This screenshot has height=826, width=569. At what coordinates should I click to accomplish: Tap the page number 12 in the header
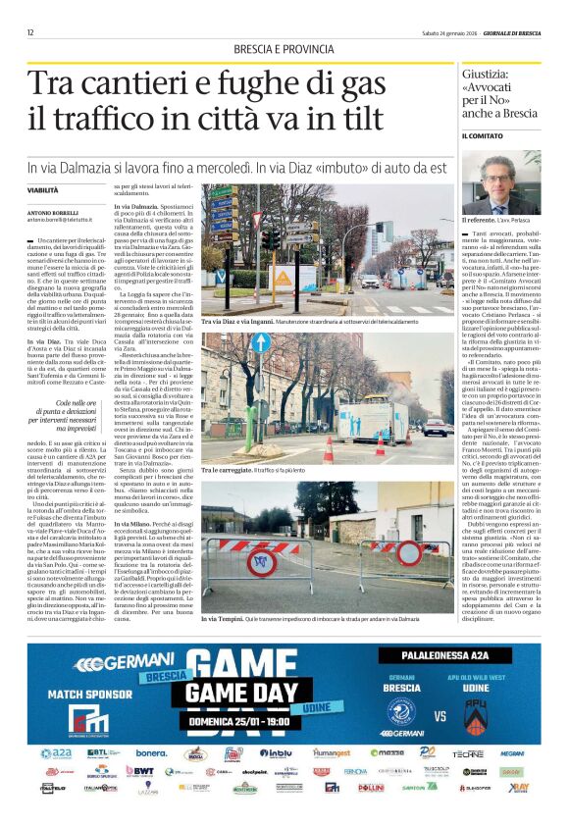(x=30, y=32)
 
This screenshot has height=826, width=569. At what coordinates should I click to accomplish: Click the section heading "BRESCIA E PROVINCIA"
(x=284, y=50)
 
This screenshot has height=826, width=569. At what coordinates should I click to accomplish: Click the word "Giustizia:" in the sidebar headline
(x=491, y=75)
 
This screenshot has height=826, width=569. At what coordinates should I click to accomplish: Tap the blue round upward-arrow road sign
(x=261, y=343)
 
